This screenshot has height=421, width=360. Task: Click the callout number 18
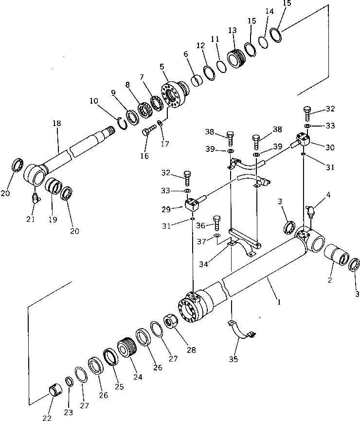click(57, 124)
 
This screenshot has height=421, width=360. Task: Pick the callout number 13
click(232, 30)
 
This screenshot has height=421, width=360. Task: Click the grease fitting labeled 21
click(35, 198)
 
